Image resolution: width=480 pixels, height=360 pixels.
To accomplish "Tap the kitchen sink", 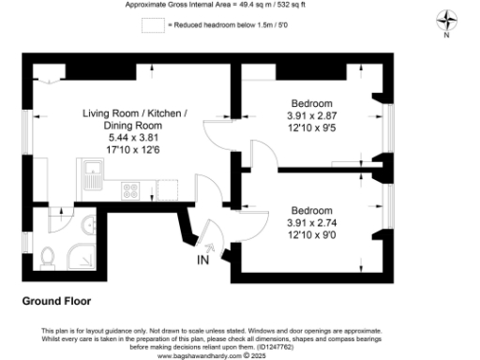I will pos(94,172).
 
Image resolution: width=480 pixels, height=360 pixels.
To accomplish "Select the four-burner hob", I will pos(132,191).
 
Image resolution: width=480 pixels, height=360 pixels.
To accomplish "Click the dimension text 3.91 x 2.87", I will pos(311,116).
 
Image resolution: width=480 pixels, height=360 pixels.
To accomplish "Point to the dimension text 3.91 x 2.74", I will pos(311,223).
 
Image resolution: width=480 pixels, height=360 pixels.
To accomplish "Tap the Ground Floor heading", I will pos(56,302).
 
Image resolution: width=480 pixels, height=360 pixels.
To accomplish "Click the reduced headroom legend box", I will pos(151,26).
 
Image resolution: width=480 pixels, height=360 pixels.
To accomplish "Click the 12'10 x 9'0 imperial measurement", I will pos(311,236).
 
